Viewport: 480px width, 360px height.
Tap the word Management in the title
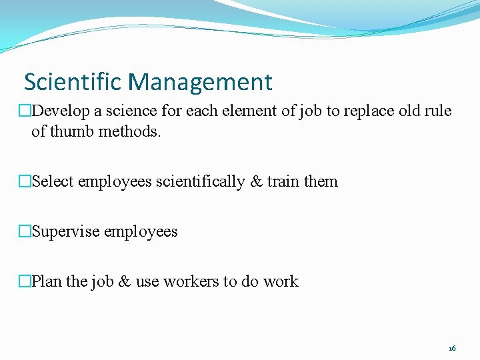(201, 82)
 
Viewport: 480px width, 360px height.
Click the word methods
(130, 131)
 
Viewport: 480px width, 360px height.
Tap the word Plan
(46, 281)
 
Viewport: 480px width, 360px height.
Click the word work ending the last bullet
(281, 281)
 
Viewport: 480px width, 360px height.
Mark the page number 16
(452, 348)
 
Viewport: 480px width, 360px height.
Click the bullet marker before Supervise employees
(25, 231)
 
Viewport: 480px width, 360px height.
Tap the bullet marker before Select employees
(25, 181)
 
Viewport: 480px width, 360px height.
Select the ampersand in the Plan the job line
(124, 281)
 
